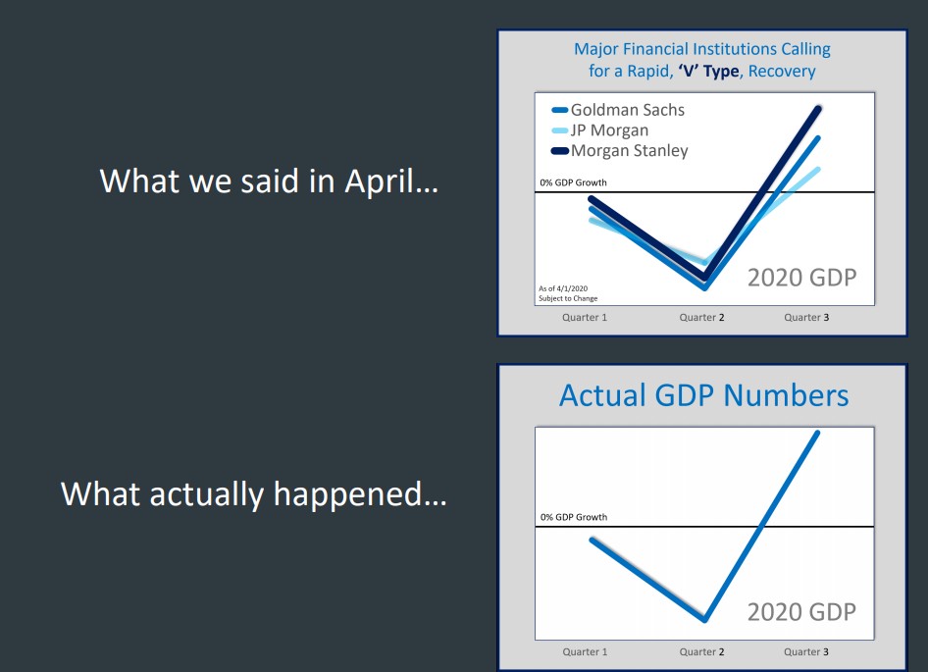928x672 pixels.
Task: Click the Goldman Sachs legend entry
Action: (617, 110)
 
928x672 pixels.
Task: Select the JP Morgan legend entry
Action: (599, 130)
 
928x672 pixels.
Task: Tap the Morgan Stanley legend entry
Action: (619, 151)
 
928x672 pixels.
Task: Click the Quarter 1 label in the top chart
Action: (584, 317)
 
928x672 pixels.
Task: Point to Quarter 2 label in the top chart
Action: (701, 317)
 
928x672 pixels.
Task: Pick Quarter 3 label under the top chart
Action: (806, 317)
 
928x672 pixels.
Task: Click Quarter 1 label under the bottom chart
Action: (584, 651)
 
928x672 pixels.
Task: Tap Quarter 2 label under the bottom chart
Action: (701, 651)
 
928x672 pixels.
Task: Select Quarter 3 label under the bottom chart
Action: (806, 651)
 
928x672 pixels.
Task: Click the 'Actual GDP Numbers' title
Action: (703, 395)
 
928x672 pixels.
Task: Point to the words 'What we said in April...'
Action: (270, 181)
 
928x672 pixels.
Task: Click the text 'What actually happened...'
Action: (253, 494)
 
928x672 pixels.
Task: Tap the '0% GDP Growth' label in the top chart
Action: (573, 182)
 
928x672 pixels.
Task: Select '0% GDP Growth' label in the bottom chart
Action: (574, 517)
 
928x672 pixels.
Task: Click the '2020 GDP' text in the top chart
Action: (801, 278)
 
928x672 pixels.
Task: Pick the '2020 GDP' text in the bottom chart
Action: (801, 612)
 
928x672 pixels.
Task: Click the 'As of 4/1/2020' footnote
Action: (563, 289)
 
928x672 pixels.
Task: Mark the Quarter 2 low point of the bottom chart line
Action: (705, 620)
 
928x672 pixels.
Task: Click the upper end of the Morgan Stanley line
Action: (818, 108)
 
